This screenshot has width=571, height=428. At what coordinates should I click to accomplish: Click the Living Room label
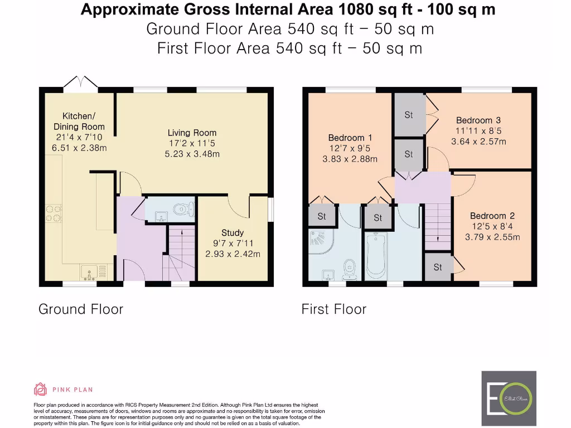tap(192, 133)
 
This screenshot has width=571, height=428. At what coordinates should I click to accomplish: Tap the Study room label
tap(233, 232)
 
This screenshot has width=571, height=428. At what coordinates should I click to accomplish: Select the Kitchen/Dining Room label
tap(79, 121)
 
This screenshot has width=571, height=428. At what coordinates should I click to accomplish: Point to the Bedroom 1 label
tap(350, 138)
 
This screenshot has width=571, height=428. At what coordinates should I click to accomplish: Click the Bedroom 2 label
tap(492, 216)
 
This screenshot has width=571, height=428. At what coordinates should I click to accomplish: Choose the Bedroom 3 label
tap(478, 120)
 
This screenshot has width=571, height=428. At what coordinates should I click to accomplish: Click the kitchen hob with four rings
tap(54, 213)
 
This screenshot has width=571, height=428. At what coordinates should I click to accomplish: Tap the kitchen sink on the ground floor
tap(89, 271)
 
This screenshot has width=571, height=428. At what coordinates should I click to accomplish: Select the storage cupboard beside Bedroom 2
tap(438, 267)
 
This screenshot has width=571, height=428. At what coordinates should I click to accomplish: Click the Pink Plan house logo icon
tap(40, 390)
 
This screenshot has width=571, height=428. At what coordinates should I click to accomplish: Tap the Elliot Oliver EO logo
tap(509, 400)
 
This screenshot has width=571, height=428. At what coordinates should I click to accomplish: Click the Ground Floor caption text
tap(81, 309)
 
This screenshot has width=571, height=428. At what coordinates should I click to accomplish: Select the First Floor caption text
tap(334, 309)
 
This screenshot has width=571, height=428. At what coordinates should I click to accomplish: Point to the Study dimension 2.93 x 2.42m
tap(233, 254)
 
